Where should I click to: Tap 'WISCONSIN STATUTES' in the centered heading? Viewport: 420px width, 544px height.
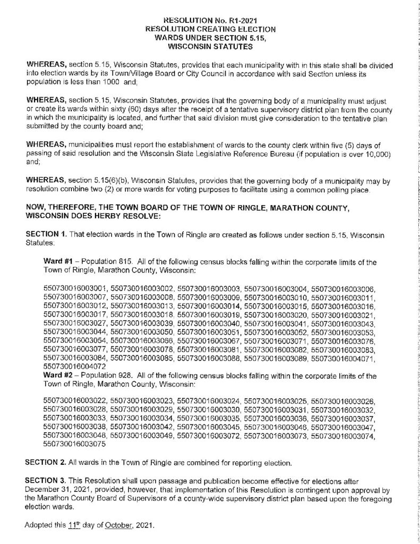coord(210,46)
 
